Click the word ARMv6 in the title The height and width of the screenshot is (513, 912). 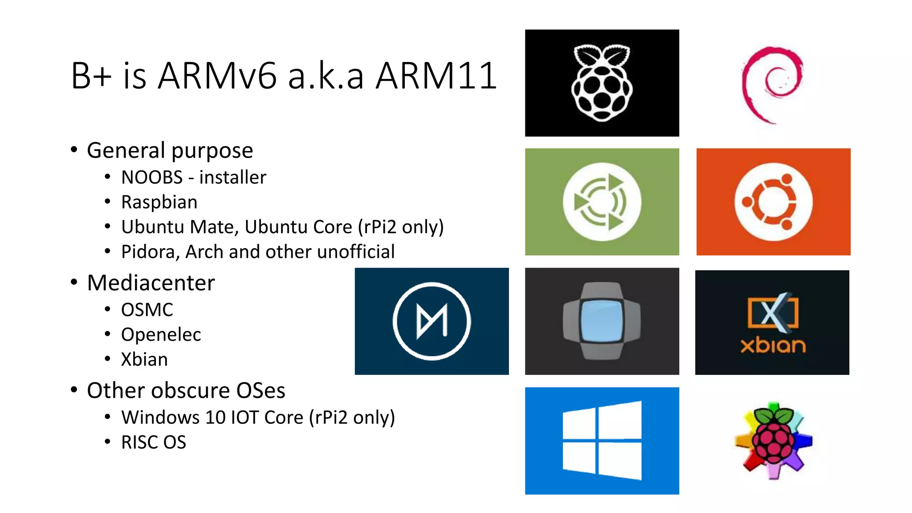coord(217,76)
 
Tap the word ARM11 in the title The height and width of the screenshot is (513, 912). coord(436,76)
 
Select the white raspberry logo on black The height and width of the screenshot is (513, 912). coord(602,83)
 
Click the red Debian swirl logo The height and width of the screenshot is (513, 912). coord(772,85)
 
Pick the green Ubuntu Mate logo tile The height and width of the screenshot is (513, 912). coord(602,202)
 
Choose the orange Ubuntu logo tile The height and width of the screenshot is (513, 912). coord(773,202)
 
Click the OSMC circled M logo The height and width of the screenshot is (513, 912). coord(432,321)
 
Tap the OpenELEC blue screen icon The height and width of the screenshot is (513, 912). coord(602,321)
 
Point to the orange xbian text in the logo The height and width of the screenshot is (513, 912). coord(773,346)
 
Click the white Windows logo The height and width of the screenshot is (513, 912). coord(602,440)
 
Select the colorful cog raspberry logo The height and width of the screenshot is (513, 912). coord(774,440)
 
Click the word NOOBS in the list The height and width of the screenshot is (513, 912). coord(152,177)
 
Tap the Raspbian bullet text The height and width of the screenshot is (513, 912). coord(159,202)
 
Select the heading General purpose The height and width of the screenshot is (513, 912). coord(170,151)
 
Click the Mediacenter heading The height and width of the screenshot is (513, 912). coord(151,283)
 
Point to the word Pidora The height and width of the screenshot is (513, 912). coord(150,252)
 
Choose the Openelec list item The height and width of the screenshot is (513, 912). coord(161,334)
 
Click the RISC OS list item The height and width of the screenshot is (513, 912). coord(154,442)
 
